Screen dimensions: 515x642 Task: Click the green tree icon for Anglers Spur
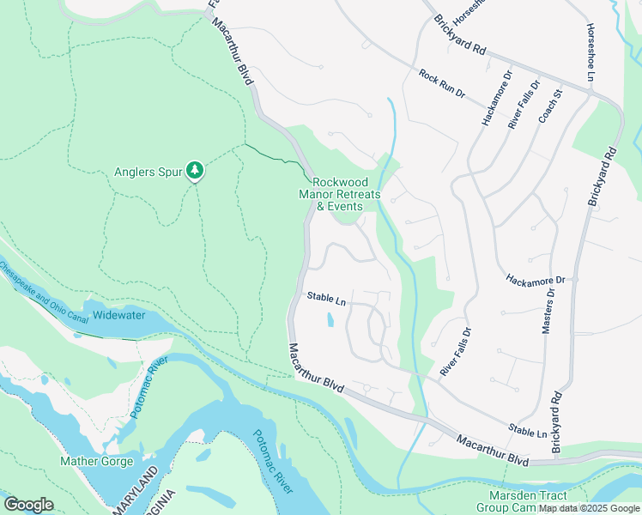point(197,172)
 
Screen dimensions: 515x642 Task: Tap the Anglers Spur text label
point(148,172)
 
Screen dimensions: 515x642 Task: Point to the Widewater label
point(119,315)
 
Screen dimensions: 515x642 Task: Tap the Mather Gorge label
point(96,461)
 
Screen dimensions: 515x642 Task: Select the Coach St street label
point(549,105)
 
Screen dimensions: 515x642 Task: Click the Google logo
point(28,505)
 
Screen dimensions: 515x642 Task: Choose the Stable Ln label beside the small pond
point(326,300)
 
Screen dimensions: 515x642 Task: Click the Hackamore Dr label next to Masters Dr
point(535,280)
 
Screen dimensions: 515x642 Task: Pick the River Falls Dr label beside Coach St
point(524,105)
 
